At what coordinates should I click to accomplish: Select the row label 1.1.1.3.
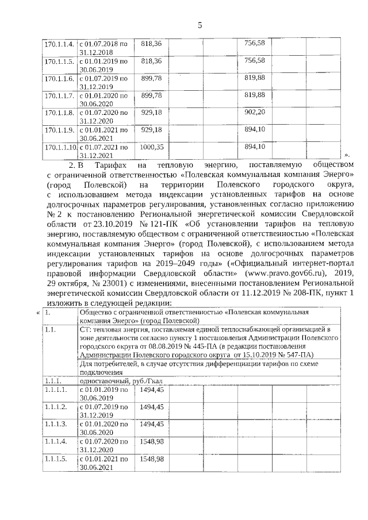(x=57, y=424)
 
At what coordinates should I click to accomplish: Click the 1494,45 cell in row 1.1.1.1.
(x=152, y=390)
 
